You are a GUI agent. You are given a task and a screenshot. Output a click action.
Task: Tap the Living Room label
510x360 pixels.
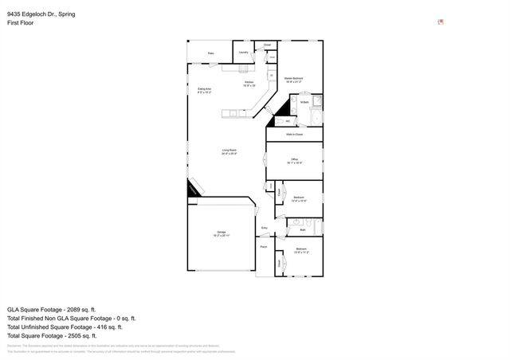(229, 151)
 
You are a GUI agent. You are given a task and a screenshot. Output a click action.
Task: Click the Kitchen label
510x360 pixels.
(249, 84)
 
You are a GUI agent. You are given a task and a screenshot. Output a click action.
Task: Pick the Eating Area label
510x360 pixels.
(204, 90)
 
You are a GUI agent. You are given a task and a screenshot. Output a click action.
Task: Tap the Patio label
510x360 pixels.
(211, 54)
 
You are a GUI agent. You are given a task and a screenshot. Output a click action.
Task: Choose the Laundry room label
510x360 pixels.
(243, 53)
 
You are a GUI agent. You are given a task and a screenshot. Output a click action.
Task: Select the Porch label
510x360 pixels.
(264, 247)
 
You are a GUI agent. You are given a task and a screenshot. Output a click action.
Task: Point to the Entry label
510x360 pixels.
(265, 228)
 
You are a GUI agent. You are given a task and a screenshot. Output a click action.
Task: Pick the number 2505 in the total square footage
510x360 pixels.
(80, 335)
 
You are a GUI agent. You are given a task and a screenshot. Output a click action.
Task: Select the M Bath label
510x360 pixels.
(304, 102)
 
